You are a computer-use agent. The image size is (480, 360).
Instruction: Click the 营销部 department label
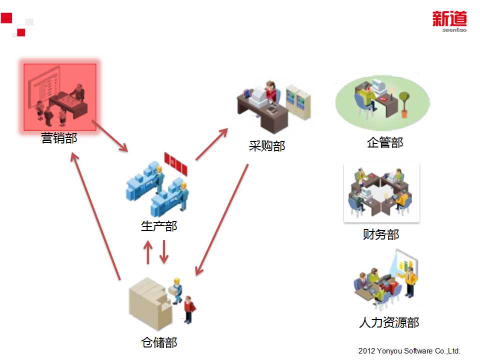pos(59,138)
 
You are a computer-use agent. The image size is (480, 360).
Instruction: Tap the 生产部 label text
pos(159,226)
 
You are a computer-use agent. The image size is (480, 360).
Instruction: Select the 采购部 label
pos(267,146)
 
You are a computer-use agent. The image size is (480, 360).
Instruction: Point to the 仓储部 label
pos(159,342)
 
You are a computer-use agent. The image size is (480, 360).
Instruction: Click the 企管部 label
pos(384,142)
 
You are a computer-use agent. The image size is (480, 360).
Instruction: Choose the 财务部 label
pos(381,234)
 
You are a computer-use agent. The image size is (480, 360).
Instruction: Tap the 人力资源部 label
pos(389,322)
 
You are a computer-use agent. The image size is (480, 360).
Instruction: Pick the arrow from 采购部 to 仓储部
pos(222,219)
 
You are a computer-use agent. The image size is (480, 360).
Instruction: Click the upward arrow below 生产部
pos(147,252)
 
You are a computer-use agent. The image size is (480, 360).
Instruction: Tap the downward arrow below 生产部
pos(163,252)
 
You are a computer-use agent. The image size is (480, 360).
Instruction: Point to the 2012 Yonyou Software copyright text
pos(409,351)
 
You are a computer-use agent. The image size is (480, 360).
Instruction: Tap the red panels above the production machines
pos(176,163)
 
